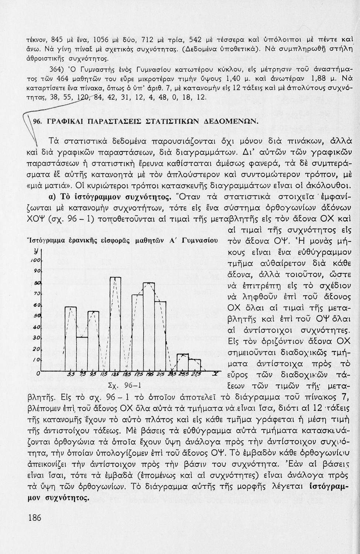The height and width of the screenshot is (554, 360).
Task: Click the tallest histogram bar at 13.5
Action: click(x=116, y=323)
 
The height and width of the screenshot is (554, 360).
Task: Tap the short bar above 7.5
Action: click(x=82, y=353)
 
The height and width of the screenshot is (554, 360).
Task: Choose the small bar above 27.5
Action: click(x=194, y=364)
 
